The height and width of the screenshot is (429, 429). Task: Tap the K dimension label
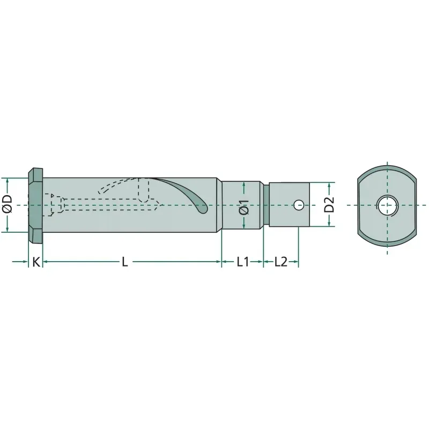coord(36,262)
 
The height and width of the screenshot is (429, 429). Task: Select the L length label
coord(125,262)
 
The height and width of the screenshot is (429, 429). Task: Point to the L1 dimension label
coord(242,262)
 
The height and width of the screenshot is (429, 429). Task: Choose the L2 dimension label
coord(281,262)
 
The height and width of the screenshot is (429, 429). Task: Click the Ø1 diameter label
coord(244,207)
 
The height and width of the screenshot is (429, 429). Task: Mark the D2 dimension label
coord(329,204)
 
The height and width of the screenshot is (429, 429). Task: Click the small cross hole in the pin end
coord(299,205)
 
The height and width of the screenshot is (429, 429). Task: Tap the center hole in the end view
coord(387,205)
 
